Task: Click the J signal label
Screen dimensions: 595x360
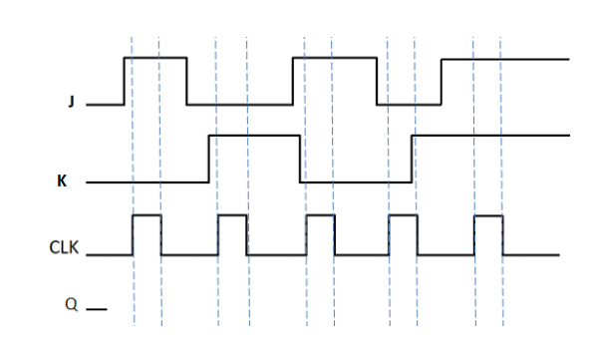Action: (71, 103)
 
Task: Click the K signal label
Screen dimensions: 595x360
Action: (63, 182)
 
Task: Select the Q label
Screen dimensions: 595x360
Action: (71, 304)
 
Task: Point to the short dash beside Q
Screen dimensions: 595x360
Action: (96, 308)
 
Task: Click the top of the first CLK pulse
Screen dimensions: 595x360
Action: (147, 215)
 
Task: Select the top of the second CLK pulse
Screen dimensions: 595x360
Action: (232, 215)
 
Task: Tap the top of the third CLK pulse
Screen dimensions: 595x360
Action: (320, 215)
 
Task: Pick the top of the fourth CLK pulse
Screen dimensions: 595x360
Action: (403, 215)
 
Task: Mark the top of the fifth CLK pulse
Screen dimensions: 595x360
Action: (488, 215)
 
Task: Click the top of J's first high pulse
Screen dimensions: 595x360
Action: (154, 59)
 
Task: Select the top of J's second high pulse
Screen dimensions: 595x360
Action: (334, 59)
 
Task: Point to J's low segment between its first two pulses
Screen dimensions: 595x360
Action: (239, 104)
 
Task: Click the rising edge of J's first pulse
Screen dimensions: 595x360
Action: (124, 81)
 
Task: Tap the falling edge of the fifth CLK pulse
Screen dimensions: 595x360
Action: (503, 235)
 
